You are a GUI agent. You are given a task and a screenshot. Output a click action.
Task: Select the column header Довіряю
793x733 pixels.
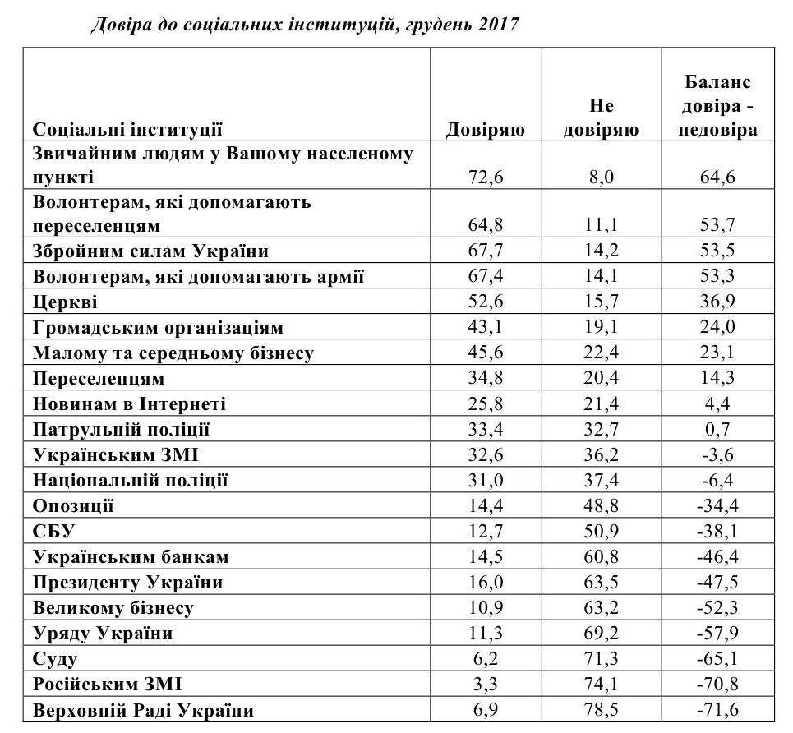click(x=485, y=131)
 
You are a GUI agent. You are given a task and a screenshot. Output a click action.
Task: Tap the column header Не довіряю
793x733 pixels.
click(x=602, y=118)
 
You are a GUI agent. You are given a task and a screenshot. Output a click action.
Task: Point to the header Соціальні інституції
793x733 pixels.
click(x=127, y=130)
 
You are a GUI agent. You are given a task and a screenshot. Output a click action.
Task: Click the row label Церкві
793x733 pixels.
click(x=65, y=302)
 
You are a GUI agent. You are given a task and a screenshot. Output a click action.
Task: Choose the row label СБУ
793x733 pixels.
click(x=53, y=532)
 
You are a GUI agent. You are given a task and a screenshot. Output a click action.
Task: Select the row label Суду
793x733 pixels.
click(x=56, y=659)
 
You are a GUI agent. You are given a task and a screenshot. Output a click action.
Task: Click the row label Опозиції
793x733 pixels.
click(x=73, y=506)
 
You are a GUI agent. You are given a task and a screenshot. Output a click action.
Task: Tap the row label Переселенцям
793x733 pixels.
click(x=99, y=379)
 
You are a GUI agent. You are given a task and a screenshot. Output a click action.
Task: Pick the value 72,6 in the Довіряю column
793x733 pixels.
click(x=485, y=177)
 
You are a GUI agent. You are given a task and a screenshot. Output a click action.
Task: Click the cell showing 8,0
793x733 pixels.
click(x=602, y=177)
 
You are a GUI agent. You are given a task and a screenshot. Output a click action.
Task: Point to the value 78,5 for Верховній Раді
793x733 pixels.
click(x=602, y=710)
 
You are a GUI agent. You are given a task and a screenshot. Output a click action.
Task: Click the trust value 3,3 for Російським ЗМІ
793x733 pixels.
click(x=485, y=685)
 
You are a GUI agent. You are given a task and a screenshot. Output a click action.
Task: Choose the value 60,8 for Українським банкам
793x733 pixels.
click(x=602, y=557)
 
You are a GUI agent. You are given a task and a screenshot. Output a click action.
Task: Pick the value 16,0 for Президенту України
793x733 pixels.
click(x=485, y=583)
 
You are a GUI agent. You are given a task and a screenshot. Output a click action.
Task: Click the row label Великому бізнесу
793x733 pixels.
click(x=113, y=608)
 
